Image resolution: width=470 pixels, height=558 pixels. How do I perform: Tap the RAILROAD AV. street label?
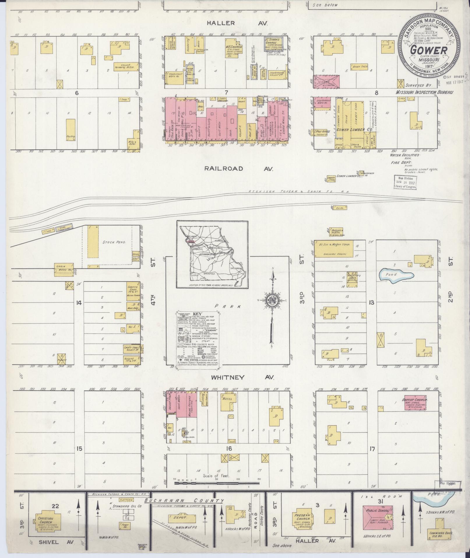(x=239, y=169)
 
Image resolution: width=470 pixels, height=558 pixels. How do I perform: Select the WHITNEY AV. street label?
(x=242, y=377)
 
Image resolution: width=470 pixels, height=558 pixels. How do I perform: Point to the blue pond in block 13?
(x=396, y=275)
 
